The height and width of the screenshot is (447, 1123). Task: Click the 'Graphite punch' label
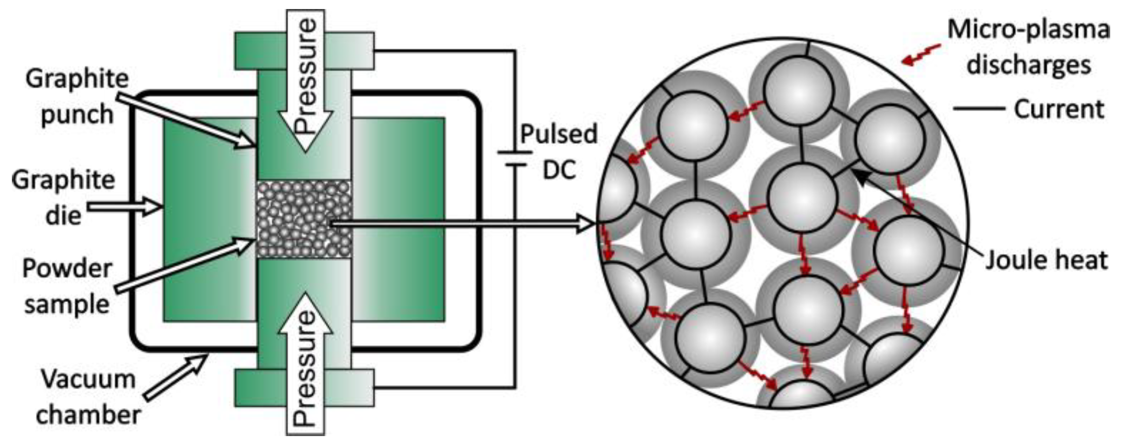pyautogui.click(x=77, y=96)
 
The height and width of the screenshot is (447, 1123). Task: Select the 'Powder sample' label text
pyautogui.click(x=67, y=286)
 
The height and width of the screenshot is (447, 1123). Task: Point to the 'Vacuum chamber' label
pyautogui.click(x=88, y=397)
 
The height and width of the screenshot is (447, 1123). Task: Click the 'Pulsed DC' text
pyautogui.click(x=559, y=152)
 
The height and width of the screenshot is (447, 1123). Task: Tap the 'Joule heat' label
pyautogui.click(x=1046, y=260)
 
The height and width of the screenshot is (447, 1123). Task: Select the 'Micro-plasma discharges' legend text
pyautogui.click(x=1027, y=48)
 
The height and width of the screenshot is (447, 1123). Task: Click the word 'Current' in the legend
pyautogui.click(x=1058, y=109)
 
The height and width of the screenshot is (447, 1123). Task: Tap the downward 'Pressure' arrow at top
pyautogui.click(x=305, y=81)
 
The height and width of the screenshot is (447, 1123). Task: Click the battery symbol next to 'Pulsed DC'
pyautogui.click(x=514, y=159)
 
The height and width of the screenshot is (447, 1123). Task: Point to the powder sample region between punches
pyautogui.click(x=304, y=219)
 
